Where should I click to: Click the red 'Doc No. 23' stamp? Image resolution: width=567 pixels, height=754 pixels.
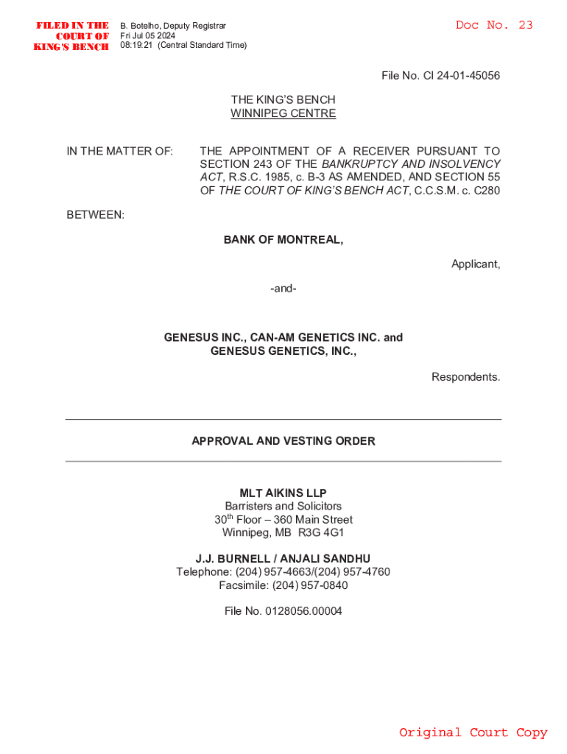click(493, 25)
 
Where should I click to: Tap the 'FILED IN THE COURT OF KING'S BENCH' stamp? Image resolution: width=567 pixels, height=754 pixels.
click(73, 36)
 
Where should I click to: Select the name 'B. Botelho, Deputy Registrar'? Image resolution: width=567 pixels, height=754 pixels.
click(172, 26)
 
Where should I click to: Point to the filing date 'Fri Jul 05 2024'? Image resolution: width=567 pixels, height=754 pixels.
click(148, 35)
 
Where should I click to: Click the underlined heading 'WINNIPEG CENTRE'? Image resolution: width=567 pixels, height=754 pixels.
click(283, 113)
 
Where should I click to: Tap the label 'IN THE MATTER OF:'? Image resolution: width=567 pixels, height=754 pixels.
click(120, 151)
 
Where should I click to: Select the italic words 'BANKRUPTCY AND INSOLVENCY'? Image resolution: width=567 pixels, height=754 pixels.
click(411, 163)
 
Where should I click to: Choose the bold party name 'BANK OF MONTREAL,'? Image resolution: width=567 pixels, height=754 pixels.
click(283, 239)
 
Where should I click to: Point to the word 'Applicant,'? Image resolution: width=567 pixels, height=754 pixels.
click(476, 264)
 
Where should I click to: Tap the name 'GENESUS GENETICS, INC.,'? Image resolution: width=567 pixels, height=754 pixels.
click(283, 351)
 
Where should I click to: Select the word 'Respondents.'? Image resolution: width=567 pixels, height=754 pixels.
click(465, 377)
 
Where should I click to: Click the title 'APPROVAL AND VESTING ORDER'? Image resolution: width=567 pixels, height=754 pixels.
click(283, 441)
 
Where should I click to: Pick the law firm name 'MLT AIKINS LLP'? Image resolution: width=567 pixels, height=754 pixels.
click(283, 493)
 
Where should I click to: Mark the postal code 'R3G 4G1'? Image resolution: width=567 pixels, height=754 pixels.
click(321, 532)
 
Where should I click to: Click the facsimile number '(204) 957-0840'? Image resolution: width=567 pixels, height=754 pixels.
click(310, 585)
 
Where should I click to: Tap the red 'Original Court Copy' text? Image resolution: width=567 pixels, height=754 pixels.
click(473, 732)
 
